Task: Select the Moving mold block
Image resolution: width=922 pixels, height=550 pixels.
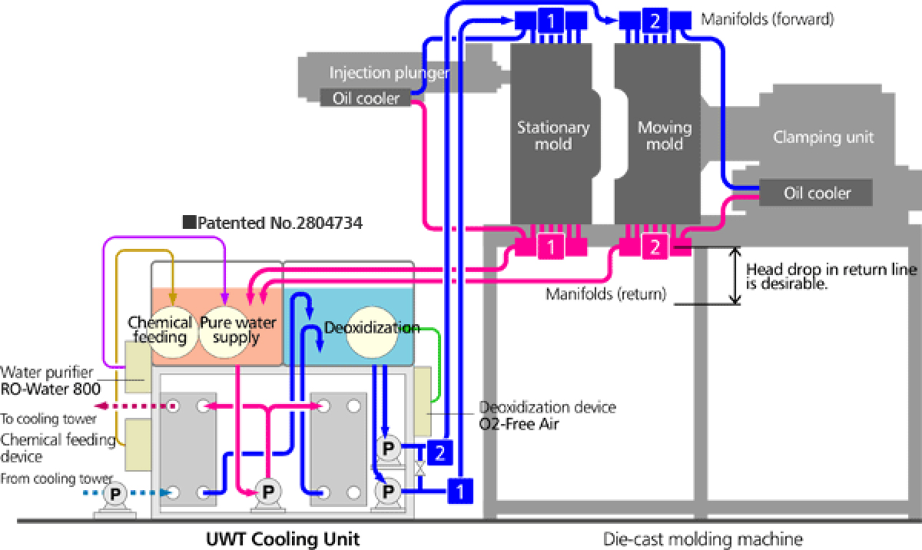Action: coord(657,134)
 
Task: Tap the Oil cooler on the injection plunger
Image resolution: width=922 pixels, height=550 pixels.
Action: coord(365,98)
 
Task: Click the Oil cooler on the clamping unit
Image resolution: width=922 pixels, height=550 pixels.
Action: coord(816,193)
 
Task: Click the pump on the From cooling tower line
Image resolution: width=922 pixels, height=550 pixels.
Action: coord(115,493)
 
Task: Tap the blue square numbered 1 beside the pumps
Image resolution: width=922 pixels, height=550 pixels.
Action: coord(459,489)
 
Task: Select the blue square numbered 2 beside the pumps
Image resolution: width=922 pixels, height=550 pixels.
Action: coord(438,452)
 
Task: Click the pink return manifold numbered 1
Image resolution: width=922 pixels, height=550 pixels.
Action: coord(550,247)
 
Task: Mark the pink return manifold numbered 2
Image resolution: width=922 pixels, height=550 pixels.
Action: coord(654,247)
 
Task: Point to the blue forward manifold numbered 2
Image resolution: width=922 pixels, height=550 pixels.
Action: coord(654,22)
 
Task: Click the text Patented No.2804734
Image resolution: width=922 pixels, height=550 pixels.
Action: coord(273,224)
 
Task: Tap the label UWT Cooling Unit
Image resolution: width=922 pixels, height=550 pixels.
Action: coord(283,538)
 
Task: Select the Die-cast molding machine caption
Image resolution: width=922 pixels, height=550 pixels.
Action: coord(703,538)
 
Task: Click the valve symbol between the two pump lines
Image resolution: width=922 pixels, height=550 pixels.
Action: coord(420,467)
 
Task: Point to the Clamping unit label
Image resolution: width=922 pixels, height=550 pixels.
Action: coord(823,137)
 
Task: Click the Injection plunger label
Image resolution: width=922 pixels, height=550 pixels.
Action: coord(389,73)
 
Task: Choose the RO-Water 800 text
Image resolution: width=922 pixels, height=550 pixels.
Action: coord(50,388)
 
